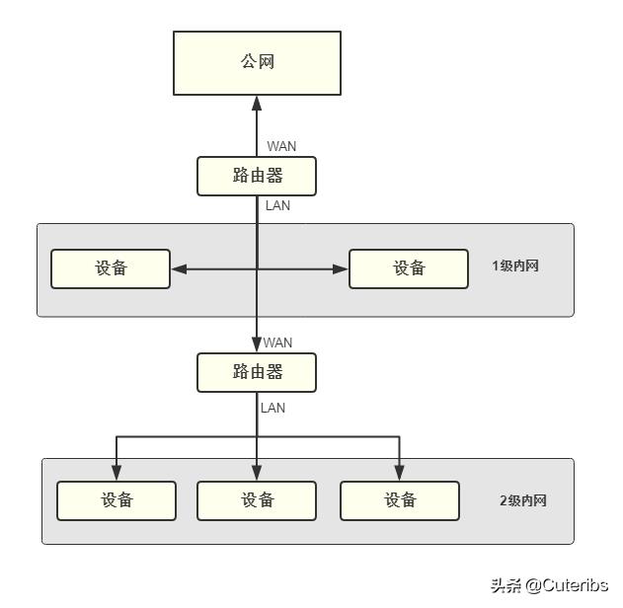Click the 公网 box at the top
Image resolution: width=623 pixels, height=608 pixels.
point(257,62)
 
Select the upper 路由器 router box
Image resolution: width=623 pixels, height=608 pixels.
point(257,176)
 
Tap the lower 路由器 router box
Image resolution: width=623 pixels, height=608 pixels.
point(257,372)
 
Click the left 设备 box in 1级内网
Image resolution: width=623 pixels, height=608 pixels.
point(111,268)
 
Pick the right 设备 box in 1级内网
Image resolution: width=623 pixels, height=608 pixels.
point(408,268)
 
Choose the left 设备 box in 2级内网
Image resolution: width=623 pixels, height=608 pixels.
point(117,500)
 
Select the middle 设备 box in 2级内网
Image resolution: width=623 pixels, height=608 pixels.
point(257,500)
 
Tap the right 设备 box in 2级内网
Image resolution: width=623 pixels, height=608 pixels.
point(400,500)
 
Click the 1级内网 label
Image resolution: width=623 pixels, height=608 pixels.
point(515,266)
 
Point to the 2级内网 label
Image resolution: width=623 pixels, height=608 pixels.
point(522,500)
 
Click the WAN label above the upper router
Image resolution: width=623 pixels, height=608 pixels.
point(281,146)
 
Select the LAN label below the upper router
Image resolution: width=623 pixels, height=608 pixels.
point(277,206)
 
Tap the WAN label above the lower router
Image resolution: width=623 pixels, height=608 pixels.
point(277,342)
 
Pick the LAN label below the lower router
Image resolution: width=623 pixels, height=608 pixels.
point(273,407)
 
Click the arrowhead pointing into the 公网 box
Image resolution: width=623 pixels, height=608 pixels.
point(257,103)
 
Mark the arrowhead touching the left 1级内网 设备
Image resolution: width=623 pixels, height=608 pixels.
point(178,268)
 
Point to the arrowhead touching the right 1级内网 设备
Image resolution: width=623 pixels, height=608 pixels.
point(342,268)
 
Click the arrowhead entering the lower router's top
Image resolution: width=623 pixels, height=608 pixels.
point(257,346)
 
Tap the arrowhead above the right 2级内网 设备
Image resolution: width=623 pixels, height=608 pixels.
point(400,474)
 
